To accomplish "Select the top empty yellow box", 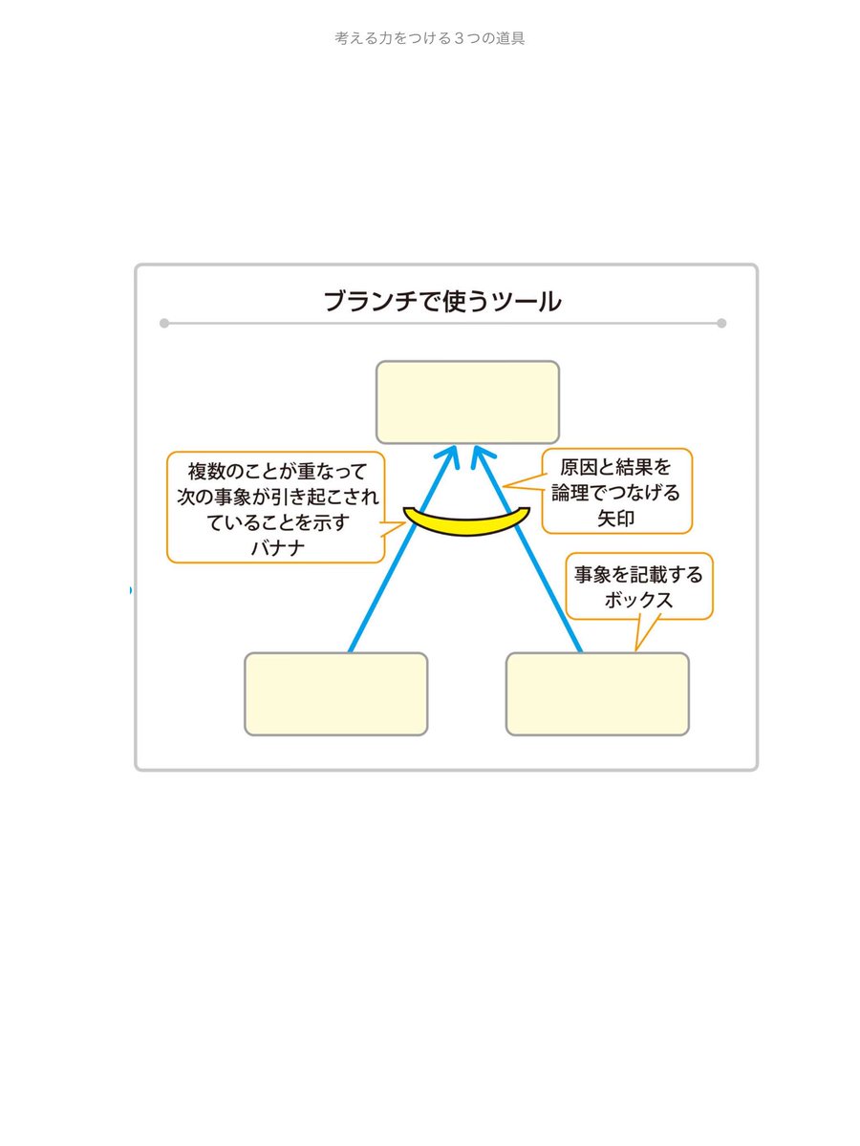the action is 467,402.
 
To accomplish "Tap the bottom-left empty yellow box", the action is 335,694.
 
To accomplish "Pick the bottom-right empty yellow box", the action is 597,694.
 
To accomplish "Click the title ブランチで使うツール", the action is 442,302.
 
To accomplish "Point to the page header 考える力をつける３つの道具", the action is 430,39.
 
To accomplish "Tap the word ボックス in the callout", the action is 639,600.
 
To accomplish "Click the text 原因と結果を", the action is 616,468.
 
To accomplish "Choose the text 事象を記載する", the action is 638,576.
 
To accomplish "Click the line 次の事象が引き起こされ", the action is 276,497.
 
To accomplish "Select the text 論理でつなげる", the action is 616,492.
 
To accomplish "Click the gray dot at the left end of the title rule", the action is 164,323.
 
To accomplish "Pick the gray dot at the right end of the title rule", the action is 721,323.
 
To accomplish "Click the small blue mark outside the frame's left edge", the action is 131,591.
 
